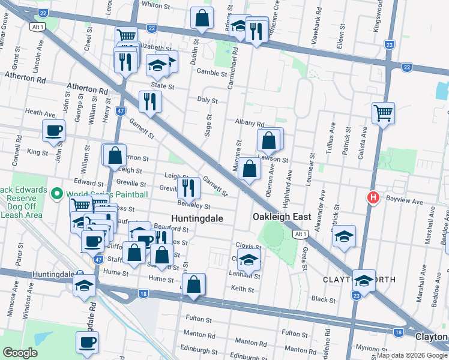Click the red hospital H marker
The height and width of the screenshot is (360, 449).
[x=373, y=197]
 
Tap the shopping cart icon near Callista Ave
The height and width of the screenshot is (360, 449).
[x=383, y=112]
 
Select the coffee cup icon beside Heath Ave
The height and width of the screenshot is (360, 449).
[x=53, y=131]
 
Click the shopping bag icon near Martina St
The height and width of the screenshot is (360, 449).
[x=249, y=169]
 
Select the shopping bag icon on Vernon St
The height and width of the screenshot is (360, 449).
[x=115, y=155]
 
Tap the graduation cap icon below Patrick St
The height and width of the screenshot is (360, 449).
[x=344, y=236]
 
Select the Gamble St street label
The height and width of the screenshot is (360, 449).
[x=211, y=72]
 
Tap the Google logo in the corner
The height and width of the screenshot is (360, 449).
[x=20, y=353]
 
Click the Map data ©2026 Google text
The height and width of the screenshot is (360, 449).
[x=412, y=355]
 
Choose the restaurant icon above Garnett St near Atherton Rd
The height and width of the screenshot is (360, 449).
[x=149, y=101]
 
